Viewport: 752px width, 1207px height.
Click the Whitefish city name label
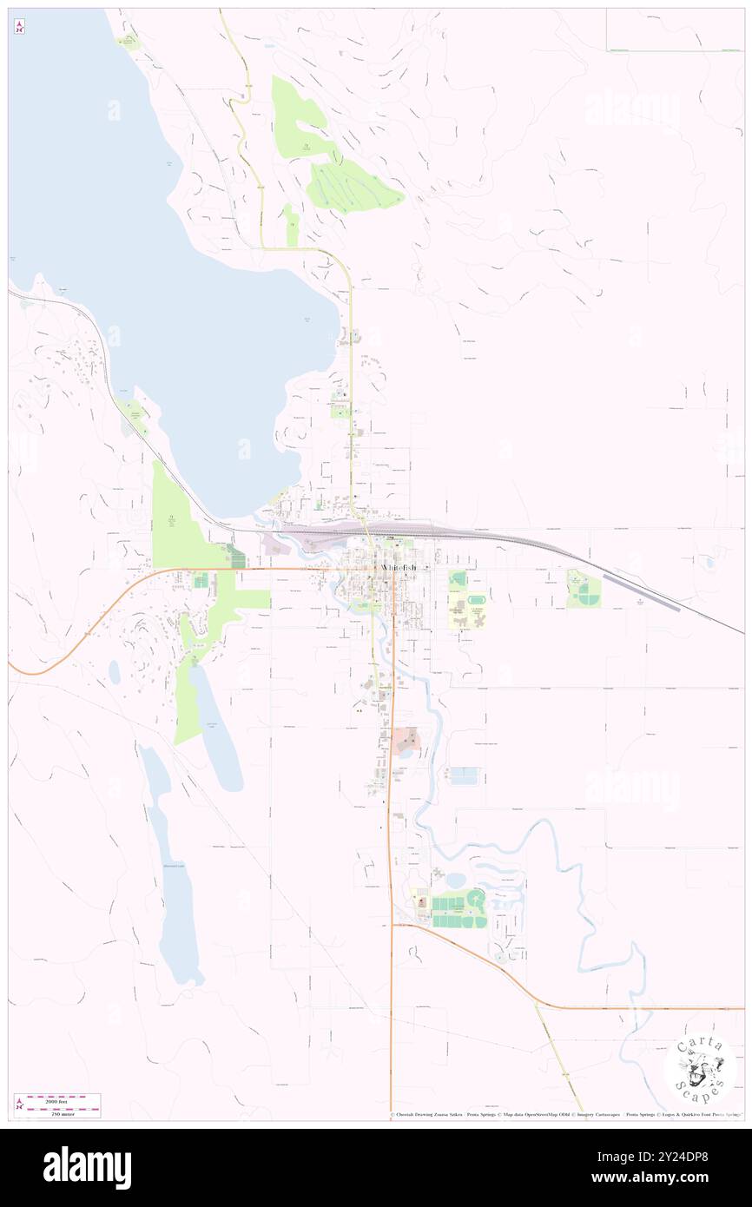[x=398, y=567]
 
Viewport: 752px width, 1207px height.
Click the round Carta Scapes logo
[x=699, y=1070]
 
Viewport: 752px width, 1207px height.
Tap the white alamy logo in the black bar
[x=87, y=1168]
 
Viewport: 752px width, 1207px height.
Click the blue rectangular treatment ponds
[x=464, y=775]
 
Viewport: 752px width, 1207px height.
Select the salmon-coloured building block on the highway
[x=406, y=740]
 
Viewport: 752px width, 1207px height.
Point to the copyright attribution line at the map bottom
[x=564, y=1114]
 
